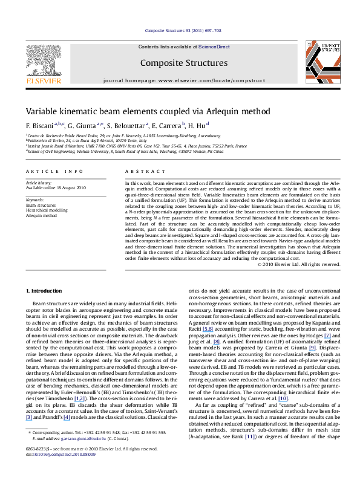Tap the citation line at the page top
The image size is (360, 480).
click(180, 31)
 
